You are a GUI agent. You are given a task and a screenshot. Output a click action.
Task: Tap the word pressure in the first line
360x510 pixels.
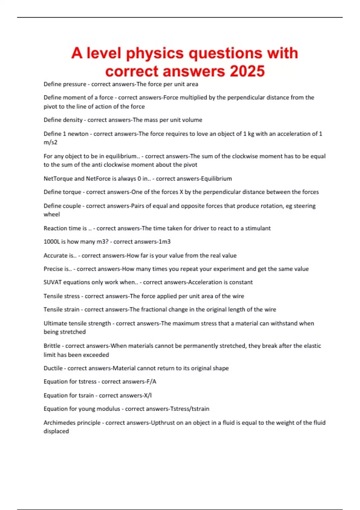coord(73,84)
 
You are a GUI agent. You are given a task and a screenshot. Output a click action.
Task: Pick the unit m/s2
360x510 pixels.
coord(50,142)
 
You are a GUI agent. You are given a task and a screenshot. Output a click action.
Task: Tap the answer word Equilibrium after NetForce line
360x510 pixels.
coord(216,178)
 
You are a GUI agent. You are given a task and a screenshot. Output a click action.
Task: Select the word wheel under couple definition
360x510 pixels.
coord(52,214)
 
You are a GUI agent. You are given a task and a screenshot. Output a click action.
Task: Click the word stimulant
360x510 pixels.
coord(258,228)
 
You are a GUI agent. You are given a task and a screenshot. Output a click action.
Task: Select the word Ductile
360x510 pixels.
coord(53,368)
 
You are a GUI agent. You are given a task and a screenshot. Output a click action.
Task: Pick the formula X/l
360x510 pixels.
coord(148,395)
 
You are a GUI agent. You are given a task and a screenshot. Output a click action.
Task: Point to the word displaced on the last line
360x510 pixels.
coord(56,431)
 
